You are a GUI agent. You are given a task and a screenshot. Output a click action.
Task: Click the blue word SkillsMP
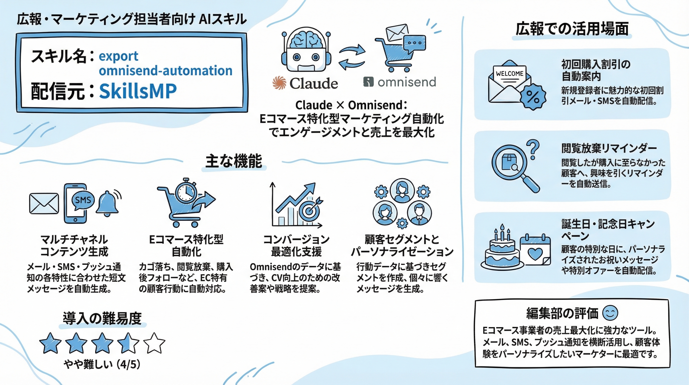click(138, 91)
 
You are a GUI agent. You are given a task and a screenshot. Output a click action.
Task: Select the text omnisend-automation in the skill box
click(165, 71)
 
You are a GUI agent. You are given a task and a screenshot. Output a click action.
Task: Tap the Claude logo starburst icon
click(279, 83)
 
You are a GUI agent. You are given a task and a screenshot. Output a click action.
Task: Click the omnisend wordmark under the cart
click(407, 82)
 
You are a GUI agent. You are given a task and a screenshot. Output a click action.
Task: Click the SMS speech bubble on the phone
click(83, 200)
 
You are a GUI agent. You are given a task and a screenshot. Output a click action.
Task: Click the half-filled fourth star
click(128, 343)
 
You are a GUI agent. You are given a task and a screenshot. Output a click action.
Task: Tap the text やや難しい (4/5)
click(102, 364)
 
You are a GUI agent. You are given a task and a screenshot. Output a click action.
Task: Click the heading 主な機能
click(234, 161)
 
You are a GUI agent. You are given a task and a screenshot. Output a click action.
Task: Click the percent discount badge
click(533, 97)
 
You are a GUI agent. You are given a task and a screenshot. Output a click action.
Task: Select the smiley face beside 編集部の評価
click(610, 313)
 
